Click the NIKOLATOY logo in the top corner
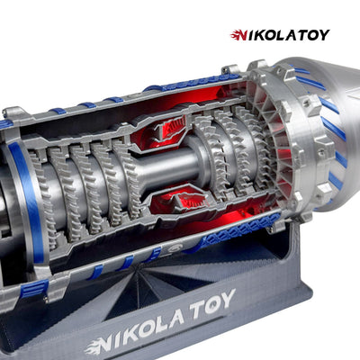point(280,35)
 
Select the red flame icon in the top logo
point(238,35)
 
